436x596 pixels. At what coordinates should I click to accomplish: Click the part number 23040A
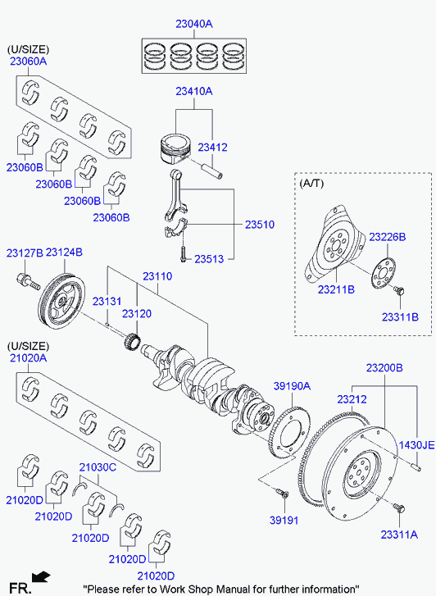pos(194,24)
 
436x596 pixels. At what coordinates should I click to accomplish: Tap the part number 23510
pos(260,225)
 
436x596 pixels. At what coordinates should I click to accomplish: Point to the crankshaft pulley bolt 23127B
pos(28,282)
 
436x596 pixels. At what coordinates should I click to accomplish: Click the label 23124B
pos(64,253)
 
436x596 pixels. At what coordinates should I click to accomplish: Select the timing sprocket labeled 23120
pos(133,339)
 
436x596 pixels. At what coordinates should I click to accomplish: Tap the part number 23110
pos(157,276)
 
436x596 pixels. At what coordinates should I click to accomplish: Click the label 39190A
pos(292,386)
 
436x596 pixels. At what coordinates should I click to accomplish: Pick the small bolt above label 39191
pos(282,494)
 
